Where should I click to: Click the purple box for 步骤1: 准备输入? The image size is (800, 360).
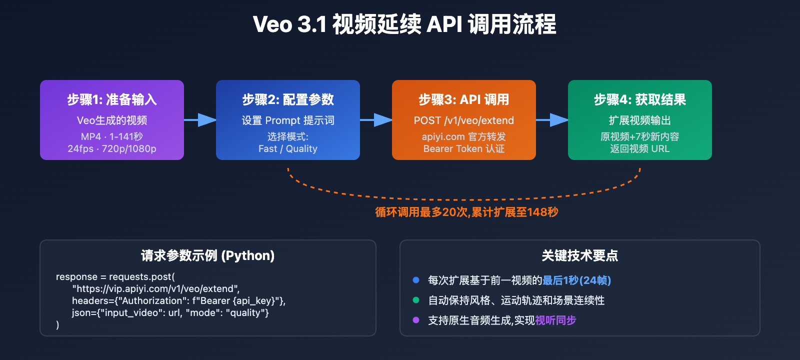(x=112, y=120)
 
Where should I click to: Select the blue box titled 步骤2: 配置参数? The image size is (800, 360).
(x=288, y=120)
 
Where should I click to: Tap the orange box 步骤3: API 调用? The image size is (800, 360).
(x=464, y=120)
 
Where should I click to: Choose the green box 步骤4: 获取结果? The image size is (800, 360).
(x=640, y=120)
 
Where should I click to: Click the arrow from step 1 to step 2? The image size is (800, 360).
(x=200, y=120)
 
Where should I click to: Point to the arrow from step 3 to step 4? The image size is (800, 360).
(x=552, y=120)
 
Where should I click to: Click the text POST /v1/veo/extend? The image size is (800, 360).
(x=463, y=120)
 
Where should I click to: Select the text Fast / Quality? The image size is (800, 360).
(x=287, y=148)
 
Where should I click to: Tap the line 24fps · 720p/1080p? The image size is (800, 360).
(x=112, y=148)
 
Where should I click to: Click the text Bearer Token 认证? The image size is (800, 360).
(x=463, y=148)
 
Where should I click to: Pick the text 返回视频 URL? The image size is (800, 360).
(x=639, y=148)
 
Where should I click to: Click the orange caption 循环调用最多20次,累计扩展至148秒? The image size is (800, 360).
(x=466, y=212)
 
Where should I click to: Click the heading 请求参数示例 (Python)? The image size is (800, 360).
(x=207, y=255)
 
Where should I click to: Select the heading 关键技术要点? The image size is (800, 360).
(x=579, y=255)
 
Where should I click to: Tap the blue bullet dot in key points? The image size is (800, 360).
(x=415, y=280)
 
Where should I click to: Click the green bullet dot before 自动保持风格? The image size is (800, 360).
(x=415, y=300)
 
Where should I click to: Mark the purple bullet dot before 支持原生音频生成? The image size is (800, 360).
(x=415, y=320)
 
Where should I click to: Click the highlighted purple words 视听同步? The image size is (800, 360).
(x=555, y=320)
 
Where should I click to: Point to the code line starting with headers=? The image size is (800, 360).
(x=178, y=300)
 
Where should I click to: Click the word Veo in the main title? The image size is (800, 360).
(x=272, y=24)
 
